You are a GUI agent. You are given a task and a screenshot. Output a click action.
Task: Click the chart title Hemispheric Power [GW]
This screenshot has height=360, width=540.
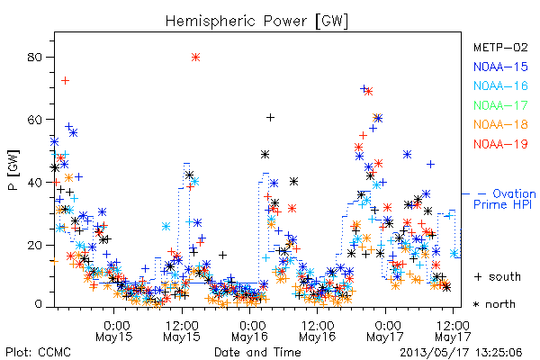pyautogui.click(x=256, y=22)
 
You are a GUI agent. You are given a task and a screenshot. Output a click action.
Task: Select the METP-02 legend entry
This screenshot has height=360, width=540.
pyautogui.click(x=500, y=47)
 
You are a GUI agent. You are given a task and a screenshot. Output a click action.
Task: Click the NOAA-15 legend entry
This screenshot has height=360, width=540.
pyautogui.click(x=500, y=67)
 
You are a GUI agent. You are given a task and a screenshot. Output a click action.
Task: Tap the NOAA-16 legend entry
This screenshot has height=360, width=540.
pyautogui.click(x=500, y=85)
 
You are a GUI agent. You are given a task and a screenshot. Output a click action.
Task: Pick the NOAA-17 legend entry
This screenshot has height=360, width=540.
pyautogui.click(x=500, y=105)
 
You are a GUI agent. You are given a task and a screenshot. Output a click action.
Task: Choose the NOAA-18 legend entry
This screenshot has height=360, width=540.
pyautogui.click(x=500, y=124)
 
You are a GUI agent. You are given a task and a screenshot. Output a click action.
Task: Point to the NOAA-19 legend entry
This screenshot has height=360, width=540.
pyautogui.click(x=500, y=144)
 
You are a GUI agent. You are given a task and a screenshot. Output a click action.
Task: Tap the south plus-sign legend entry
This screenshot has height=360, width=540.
pyautogui.click(x=498, y=276)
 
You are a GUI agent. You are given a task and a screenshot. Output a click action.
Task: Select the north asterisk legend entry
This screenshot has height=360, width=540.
pyautogui.click(x=494, y=304)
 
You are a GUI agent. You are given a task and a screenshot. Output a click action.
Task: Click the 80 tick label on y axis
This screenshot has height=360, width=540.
pyautogui.click(x=34, y=58)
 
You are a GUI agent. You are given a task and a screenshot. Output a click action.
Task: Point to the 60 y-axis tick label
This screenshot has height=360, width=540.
pyautogui.click(x=34, y=120)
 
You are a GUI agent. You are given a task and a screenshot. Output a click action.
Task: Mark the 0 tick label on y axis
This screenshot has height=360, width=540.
pyautogui.click(x=38, y=304)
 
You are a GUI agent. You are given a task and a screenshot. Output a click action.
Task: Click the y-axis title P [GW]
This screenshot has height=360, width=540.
pyautogui.click(x=13, y=170)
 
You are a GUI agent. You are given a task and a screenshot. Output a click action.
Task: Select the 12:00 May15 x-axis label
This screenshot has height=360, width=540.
pyautogui.click(x=182, y=331)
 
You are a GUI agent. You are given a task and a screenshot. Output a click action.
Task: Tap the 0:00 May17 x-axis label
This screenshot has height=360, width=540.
pyautogui.click(x=385, y=331)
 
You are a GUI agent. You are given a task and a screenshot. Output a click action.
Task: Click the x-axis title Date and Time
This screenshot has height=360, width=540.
pyautogui.click(x=257, y=352)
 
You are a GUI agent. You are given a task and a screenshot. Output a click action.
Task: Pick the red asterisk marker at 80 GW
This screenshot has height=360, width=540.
pyautogui.click(x=195, y=58)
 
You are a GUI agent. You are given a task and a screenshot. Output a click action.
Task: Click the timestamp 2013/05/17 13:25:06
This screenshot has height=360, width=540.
pyautogui.click(x=461, y=353)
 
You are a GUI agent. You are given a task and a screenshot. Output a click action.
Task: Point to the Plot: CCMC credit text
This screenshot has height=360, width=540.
pyautogui.click(x=38, y=353)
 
